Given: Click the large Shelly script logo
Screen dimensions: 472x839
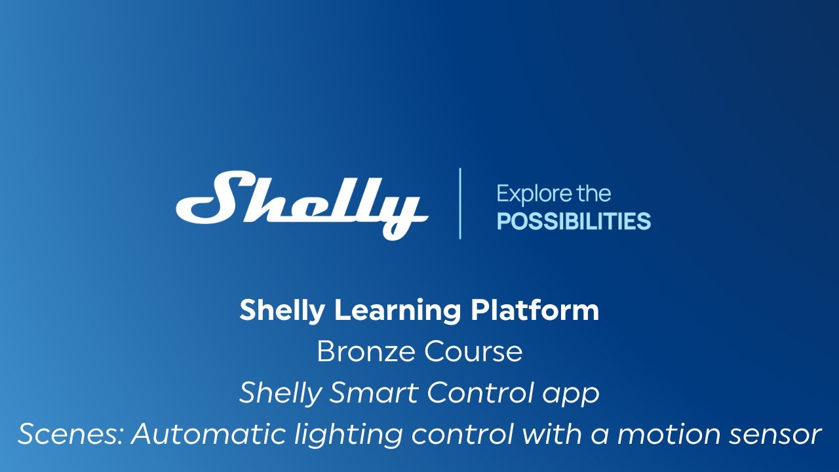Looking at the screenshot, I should (302, 203).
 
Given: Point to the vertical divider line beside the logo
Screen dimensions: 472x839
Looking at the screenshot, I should (460, 203).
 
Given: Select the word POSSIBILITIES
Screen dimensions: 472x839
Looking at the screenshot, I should (574, 222).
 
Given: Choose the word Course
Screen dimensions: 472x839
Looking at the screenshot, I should (473, 352).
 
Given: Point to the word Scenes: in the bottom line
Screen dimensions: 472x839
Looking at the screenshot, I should (69, 435).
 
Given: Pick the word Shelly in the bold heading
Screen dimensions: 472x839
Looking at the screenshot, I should (283, 311).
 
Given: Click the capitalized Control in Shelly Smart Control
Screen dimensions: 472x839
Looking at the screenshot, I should (480, 393).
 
